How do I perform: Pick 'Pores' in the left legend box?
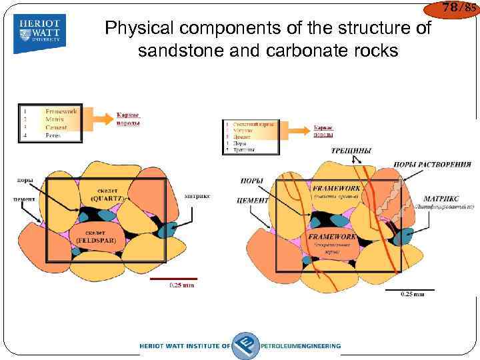point(53,135)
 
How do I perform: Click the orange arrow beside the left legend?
point(98,119)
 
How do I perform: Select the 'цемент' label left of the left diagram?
point(23,199)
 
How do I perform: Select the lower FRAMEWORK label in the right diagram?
point(331,237)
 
